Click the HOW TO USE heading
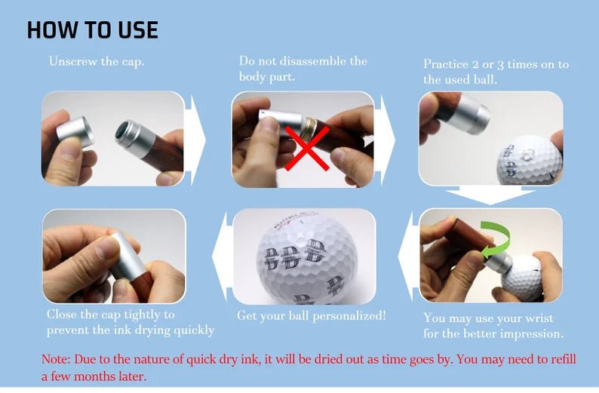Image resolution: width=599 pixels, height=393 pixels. point(92,29)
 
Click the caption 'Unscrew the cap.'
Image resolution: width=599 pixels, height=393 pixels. point(97,61)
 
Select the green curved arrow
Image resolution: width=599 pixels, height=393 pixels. point(494,239)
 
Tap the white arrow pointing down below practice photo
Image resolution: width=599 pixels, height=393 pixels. point(490,197)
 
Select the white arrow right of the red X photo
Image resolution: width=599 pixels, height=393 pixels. point(386,140)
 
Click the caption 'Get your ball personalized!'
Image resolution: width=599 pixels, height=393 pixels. point(312,315)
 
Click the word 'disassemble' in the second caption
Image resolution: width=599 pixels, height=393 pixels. point(333,61)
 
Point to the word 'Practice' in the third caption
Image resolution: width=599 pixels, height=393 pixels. point(446,64)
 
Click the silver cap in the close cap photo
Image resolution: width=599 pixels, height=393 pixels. point(124,253)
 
